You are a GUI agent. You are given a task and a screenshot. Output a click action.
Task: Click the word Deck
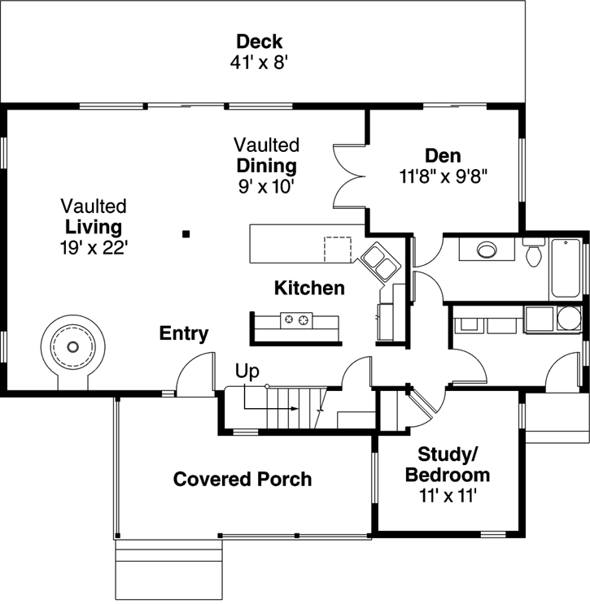point(260,41)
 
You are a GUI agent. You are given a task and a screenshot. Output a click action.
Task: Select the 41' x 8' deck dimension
point(260,63)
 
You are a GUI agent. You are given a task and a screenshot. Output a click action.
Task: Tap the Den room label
point(443,155)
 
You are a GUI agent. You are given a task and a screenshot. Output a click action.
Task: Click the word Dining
point(266,166)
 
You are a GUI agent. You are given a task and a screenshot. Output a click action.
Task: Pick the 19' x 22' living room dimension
point(94,247)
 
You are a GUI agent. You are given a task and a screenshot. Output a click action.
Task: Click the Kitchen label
point(308,288)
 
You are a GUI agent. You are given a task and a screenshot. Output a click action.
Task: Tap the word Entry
point(183,333)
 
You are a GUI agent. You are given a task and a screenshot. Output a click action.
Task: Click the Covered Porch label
point(242,479)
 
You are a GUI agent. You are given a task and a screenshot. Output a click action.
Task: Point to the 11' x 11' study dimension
point(443,496)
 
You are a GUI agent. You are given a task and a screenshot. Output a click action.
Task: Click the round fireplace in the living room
point(74,347)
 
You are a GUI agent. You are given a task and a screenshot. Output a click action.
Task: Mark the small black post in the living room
point(186,234)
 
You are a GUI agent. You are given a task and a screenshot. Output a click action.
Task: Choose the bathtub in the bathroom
point(566,267)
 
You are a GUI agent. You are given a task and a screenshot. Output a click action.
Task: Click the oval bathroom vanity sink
point(487,249)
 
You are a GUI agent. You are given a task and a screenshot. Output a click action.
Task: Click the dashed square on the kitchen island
point(336,248)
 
